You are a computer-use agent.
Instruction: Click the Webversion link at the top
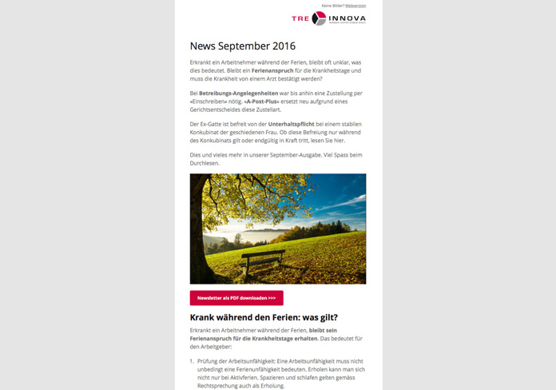pyautogui.click(x=355, y=6)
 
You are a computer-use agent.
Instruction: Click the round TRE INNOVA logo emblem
pyautogui.click(x=319, y=18)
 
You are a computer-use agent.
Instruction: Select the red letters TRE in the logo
pyautogui.click(x=300, y=18)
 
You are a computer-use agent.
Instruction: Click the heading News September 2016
pyautogui.click(x=242, y=46)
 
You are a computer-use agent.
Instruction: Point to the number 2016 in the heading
pyautogui.click(x=284, y=46)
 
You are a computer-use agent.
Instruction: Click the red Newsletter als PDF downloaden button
pyautogui.click(x=236, y=298)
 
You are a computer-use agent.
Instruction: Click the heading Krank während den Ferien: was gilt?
pyautogui.click(x=264, y=317)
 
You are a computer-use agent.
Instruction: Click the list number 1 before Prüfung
pyautogui.click(x=192, y=361)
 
